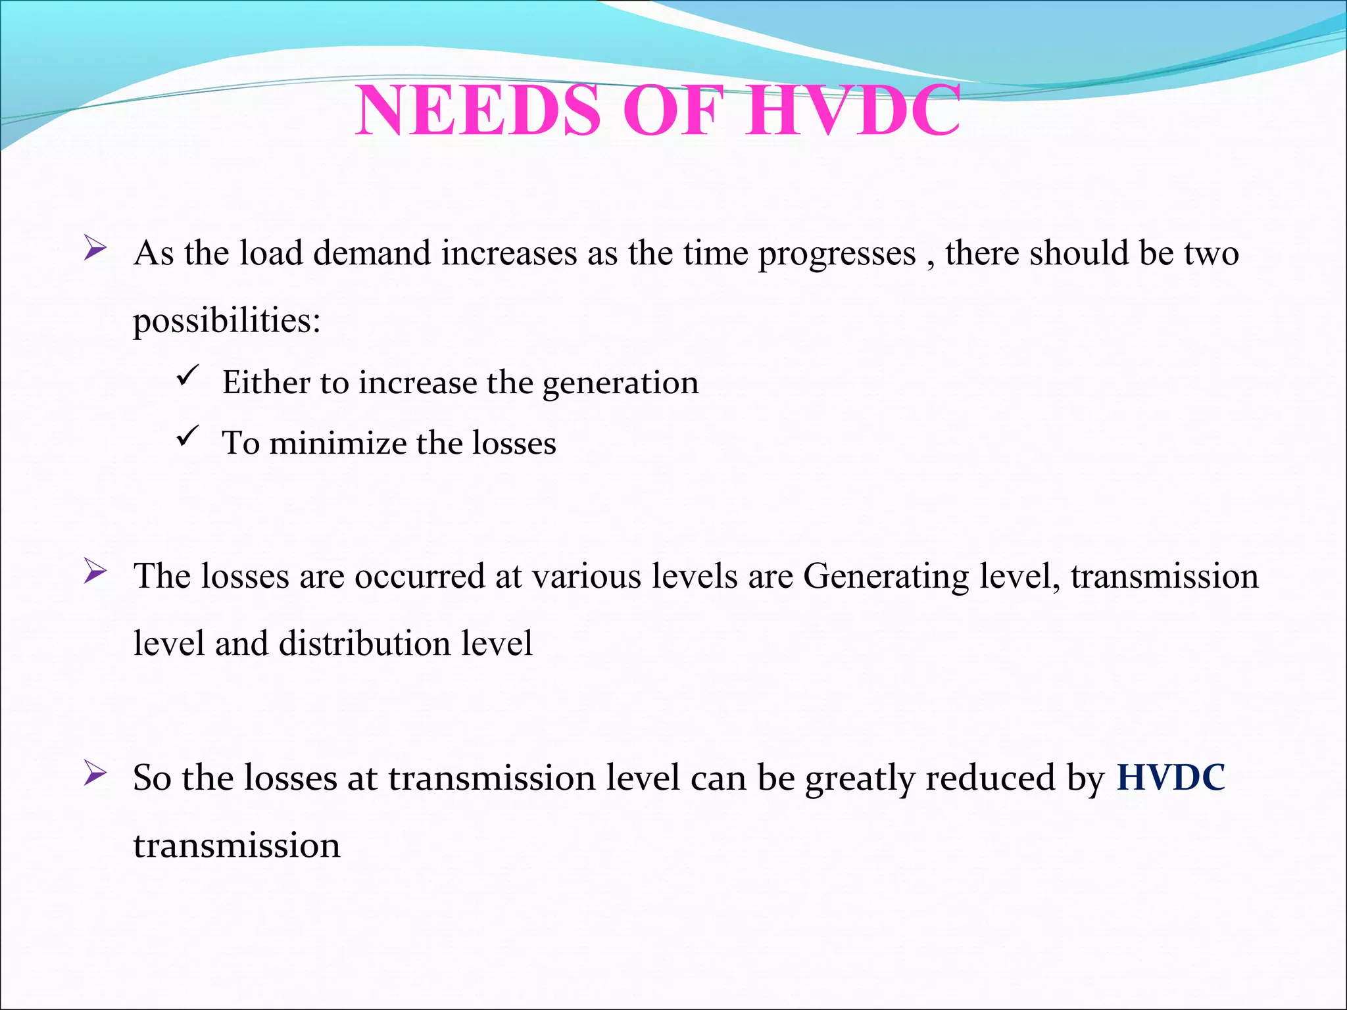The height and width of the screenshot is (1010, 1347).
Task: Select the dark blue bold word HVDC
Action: pos(1171,777)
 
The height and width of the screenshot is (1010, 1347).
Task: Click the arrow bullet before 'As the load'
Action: pos(95,249)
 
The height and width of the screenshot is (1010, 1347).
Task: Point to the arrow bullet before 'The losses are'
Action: pos(95,572)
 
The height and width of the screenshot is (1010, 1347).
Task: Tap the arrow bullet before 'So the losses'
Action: pos(95,774)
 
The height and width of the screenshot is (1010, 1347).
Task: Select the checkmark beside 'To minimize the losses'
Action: pos(187,436)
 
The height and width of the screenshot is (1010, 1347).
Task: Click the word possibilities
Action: pos(226,322)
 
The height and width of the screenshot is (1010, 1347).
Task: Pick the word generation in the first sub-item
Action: pos(620,383)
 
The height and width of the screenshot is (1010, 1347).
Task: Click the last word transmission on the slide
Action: pos(237,846)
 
